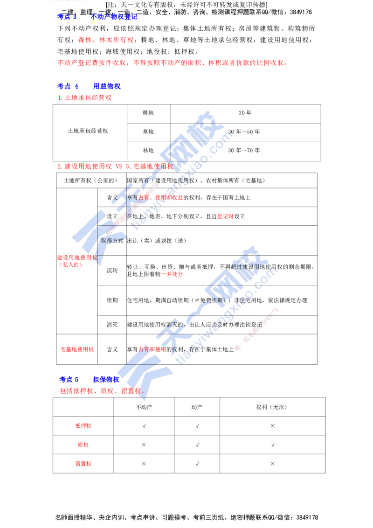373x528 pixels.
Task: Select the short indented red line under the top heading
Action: click(x=107, y=41)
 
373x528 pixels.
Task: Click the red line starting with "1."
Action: click(x=84, y=98)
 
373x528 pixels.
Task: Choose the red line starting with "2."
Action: click(x=114, y=166)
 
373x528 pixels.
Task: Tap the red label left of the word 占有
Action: click(x=77, y=349)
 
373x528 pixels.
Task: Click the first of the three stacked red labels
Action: click(x=83, y=426)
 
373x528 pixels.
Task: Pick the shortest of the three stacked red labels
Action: click(x=83, y=445)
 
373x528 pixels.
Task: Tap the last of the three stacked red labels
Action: click(x=83, y=464)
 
